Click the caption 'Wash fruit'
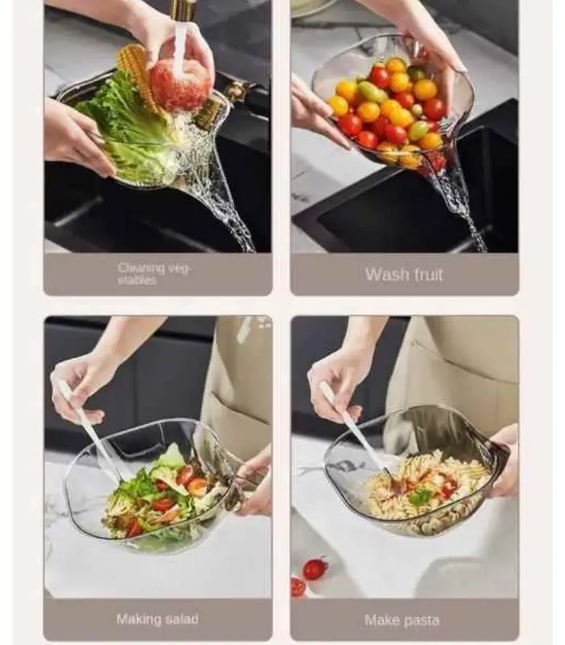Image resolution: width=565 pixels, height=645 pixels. point(404,274)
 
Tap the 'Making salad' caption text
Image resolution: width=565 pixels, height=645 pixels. point(157,619)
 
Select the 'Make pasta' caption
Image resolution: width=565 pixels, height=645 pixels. point(402,620)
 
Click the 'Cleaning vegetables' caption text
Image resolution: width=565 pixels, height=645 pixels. point(154,274)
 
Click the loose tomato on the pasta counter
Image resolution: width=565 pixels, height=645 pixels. point(315,568)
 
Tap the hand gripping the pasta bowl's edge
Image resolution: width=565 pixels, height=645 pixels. point(503,460)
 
